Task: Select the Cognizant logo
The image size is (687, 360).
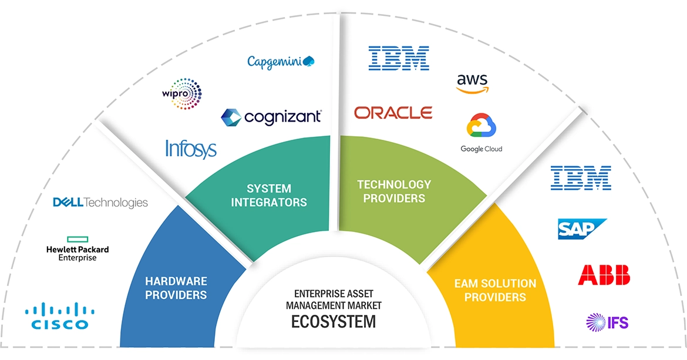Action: tap(271, 116)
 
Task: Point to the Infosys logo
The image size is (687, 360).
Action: tap(191, 149)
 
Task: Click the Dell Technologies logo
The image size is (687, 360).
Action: tap(100, 203)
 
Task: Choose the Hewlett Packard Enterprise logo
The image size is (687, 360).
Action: tap(78, 249)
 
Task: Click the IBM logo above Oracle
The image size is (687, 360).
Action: tap(399, 59)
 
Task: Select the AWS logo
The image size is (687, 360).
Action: tap(472, 83)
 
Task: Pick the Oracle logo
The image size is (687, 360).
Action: tap(393, 112)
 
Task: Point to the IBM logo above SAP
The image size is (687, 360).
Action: tap(581, 177)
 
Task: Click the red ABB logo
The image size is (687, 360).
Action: tap(604, 275)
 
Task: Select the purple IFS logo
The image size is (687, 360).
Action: tap(607, 322)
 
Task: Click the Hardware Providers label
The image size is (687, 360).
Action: tap(176, 288)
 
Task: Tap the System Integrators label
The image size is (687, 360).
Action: tap(269, 196)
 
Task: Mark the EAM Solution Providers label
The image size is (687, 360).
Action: tap(495, 290)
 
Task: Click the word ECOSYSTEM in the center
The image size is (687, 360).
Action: tap(334, 322)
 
